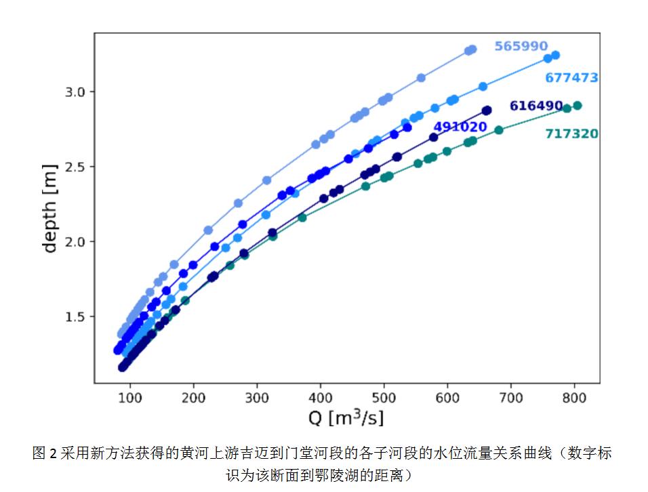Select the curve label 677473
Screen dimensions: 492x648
click(571, 78)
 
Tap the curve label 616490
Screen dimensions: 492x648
click(536, 106)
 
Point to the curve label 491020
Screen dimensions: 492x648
click(460, 127)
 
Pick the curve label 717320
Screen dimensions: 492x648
click(571, 134)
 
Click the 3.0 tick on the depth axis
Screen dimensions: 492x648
click(76, 91)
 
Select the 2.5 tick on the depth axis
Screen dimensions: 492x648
click(76, 167)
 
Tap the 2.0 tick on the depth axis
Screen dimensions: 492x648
click(76, 242)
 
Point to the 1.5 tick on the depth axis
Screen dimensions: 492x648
click(76, 316)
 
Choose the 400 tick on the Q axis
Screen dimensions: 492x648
click(320, 396)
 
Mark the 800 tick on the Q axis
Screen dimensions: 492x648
click(574, 396)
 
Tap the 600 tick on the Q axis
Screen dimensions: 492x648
click(447, 396)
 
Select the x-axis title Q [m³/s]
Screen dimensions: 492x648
click(346, 417)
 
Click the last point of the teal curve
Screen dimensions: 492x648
click(578, 105)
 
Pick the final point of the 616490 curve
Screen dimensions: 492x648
click(487, 110)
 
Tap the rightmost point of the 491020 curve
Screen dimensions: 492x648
click(407, 127)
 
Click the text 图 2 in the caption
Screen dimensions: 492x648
click(45, 453)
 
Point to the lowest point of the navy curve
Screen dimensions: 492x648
click(123, 367)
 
